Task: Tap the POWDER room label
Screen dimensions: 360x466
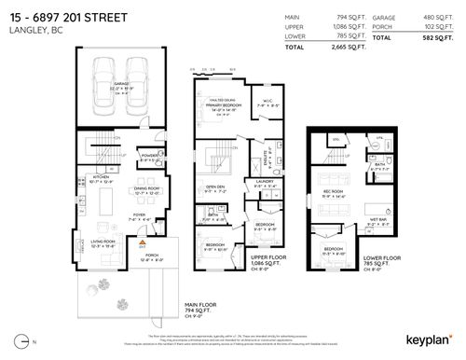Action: [148, 155]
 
